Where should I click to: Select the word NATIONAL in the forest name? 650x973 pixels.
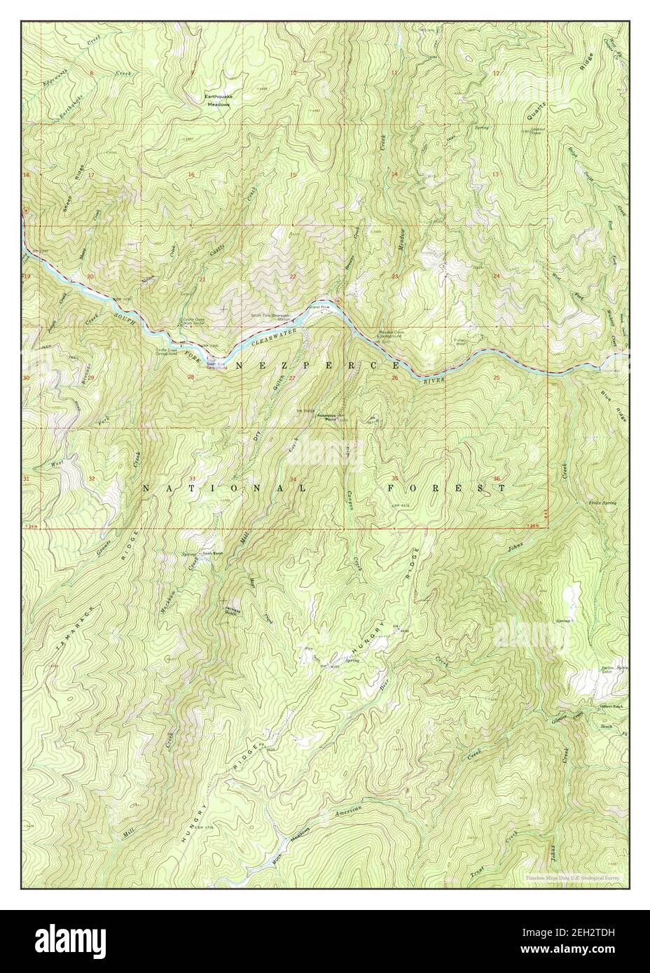[x=224, y=488]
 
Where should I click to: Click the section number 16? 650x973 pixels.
[x=191, y=174]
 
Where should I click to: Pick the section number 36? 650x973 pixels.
[x=497, y=479]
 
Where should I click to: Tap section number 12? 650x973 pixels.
[x=496, y=73]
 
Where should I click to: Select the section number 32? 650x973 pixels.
[x=92, y=479]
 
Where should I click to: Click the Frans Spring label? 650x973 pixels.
[x=602, y=503]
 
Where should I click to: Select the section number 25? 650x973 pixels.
[x=496, y=378]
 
